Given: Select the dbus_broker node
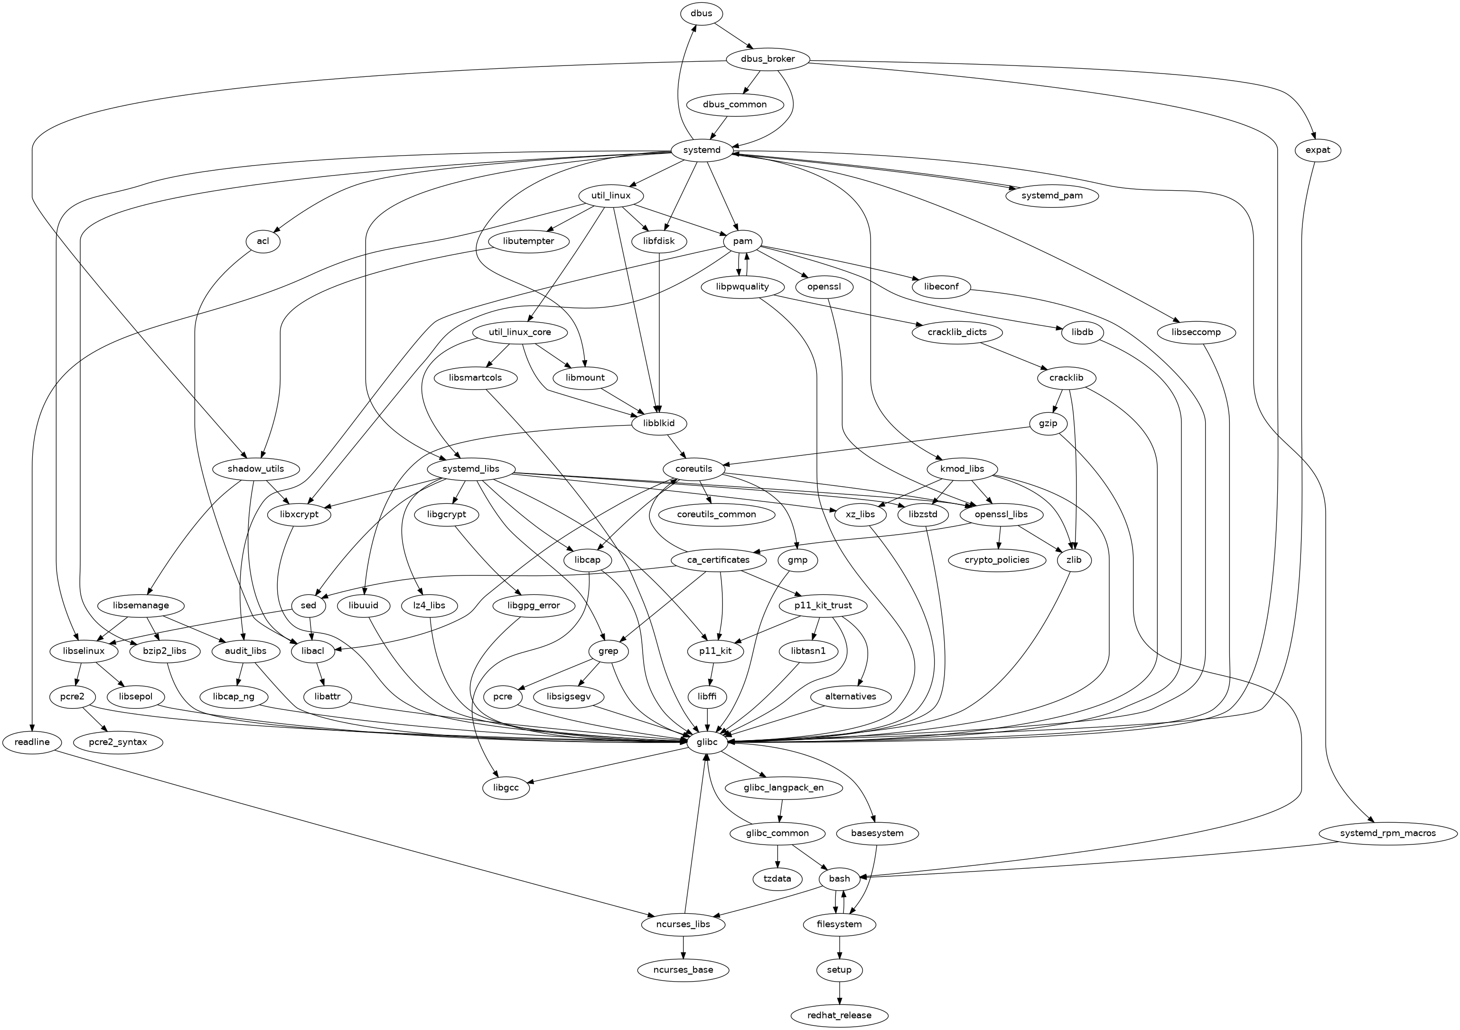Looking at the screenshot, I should click(x=767, y=59).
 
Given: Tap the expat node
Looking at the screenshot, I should click(x=1318, y=150).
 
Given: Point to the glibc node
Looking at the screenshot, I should click(x=706, y=742).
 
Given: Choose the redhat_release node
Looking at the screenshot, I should click(x=839, y=1015).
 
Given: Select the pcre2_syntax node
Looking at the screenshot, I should click(x=118, y=742).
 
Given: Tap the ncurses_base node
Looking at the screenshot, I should click(x=683, y=970).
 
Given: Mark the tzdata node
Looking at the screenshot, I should click(x=777, y=879).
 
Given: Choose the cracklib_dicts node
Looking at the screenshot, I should click(x=957, y=332).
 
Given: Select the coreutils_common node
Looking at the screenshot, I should click(x=717, y=514).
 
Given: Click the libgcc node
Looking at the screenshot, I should click(x=505, y=787).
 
